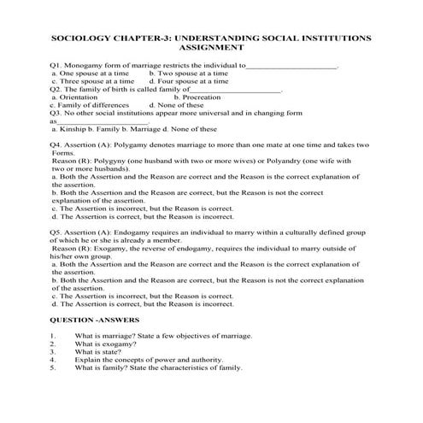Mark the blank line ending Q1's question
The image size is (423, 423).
(x=291, y=66)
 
